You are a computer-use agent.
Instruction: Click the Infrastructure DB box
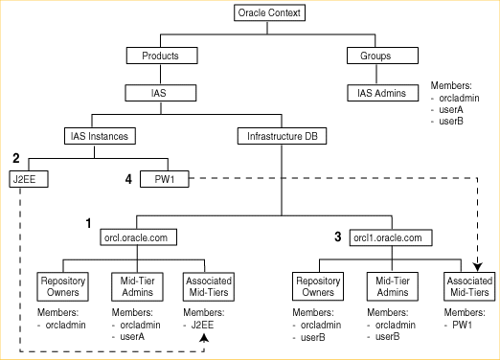pos(282,136)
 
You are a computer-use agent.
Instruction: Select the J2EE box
pos(30,178)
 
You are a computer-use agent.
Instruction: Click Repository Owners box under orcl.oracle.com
pos(62,286)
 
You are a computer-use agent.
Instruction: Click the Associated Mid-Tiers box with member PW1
pos(470,286)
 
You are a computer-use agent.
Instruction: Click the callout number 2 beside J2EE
pos(15,158)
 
